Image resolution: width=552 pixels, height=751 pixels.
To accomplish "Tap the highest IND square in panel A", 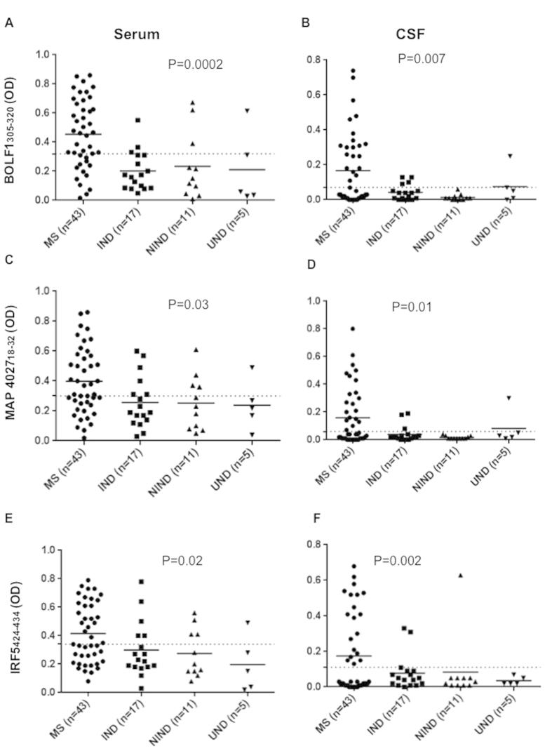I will click(137, 120).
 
